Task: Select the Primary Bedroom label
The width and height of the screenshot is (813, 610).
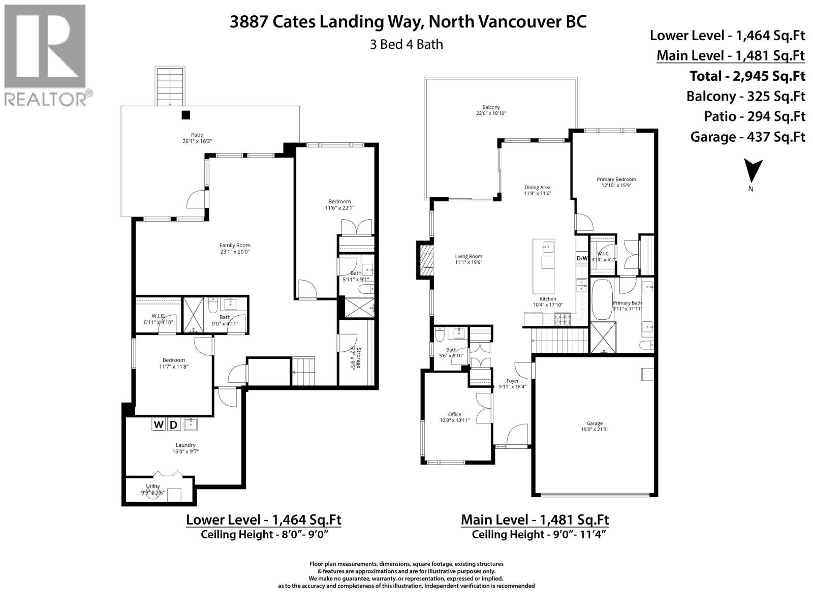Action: click(616, 182)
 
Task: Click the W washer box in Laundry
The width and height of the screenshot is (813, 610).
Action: click(159, 424)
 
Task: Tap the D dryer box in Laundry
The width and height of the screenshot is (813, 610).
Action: click(173, 424)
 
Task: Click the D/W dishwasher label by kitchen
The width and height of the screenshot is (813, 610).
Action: click(582, 258)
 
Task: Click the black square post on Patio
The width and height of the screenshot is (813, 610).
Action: click(186, 115)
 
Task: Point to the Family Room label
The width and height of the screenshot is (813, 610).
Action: click(235, 248)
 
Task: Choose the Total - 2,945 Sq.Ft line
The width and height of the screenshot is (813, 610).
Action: click(747, 76)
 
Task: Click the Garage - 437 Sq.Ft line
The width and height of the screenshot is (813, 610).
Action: click(747, 137)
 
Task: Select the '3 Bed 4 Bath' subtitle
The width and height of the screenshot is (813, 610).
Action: click(406, 44)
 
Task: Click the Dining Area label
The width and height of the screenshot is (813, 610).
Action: click(538, 190)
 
